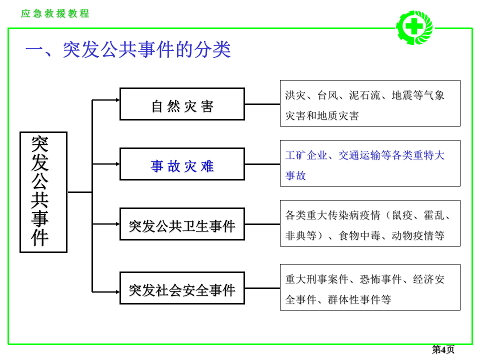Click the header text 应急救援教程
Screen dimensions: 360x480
[x=55, y=13]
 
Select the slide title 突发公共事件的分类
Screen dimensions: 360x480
[x=128, y=50]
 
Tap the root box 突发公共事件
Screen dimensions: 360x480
[x=43, y=192]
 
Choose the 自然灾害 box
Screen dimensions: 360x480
[x=182, y=104]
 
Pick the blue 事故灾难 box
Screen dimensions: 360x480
[x=182, y=164]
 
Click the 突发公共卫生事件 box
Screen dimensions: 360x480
[x=182, y=224]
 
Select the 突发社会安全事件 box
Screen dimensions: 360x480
[x=182, y=288]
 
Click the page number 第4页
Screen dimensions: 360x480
[x=443, y=349]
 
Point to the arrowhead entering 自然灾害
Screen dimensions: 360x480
[x=117, y=100]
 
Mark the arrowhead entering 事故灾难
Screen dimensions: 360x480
[x=117, y=164]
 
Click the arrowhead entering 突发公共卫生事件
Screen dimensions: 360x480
[x=117, y=224]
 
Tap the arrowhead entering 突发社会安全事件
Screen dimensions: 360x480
[x=117, y=292]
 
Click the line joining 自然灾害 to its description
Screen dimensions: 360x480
[x=262, y=104]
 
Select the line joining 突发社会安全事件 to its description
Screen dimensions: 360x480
[x=262, y=288]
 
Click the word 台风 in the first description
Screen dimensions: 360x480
[x=328, y=95]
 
